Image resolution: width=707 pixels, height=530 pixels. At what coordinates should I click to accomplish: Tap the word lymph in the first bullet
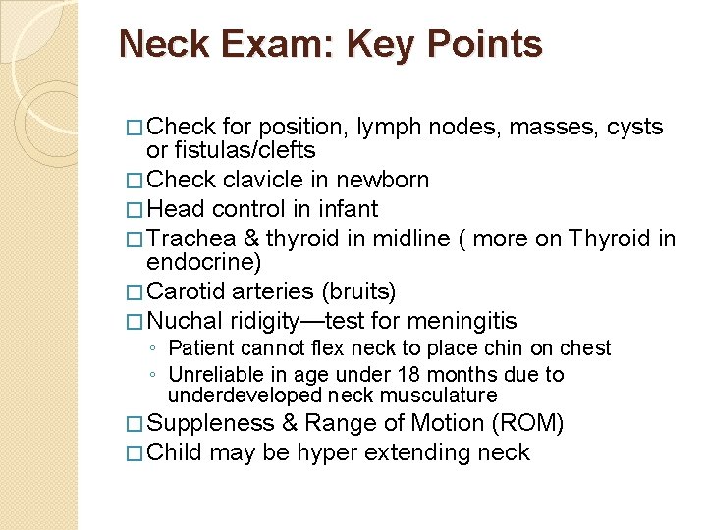pyautogui.click(x=388, y=128)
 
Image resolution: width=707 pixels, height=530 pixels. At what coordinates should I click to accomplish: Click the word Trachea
pyautogui.click(x=189, y=238)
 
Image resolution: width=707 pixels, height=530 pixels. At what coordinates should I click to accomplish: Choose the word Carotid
pyautogui.click(x=188, y=292)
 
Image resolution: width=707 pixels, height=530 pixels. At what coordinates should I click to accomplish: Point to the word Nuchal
pyautogui.click(x=186, y=321)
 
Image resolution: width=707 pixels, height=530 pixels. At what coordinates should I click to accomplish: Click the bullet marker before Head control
pyautogui.click(x=136, y=210)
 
